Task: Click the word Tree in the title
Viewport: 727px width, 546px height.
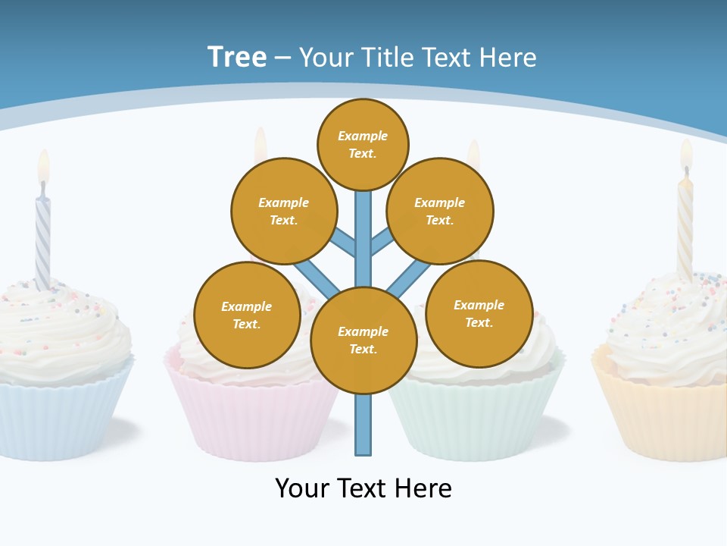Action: pos(237,58)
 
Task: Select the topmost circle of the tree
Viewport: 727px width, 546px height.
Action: pos(363,144)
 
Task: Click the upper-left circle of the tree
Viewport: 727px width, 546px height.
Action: pos(283,211)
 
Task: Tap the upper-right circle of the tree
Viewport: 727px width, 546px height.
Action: pos(439,211)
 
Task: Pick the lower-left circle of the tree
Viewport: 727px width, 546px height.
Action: pos(247,315)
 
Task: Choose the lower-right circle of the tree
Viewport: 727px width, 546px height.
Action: pos(479,313)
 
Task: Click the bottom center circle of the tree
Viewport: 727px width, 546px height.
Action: pos(363,340)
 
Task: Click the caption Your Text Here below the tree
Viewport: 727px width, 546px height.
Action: pos(363,488)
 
